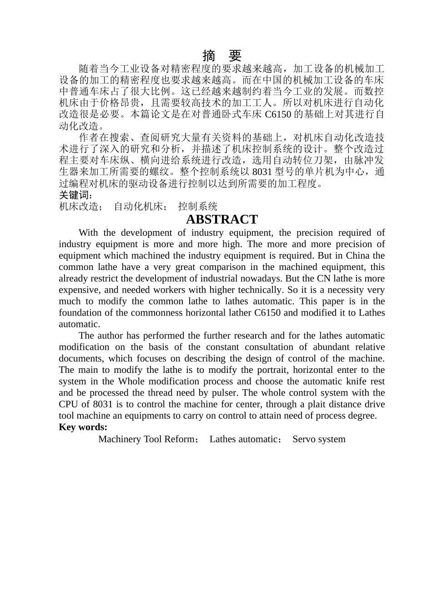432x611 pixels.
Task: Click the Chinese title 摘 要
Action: [222, 56]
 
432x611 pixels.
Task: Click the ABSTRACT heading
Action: [222, 219]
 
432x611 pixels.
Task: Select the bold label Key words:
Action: [83, 427]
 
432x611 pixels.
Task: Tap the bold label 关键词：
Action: [76, 195]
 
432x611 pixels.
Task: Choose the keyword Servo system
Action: [319, 439]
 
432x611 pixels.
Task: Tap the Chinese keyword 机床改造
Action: [79, 206]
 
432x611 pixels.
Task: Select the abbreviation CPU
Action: [69, 404]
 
